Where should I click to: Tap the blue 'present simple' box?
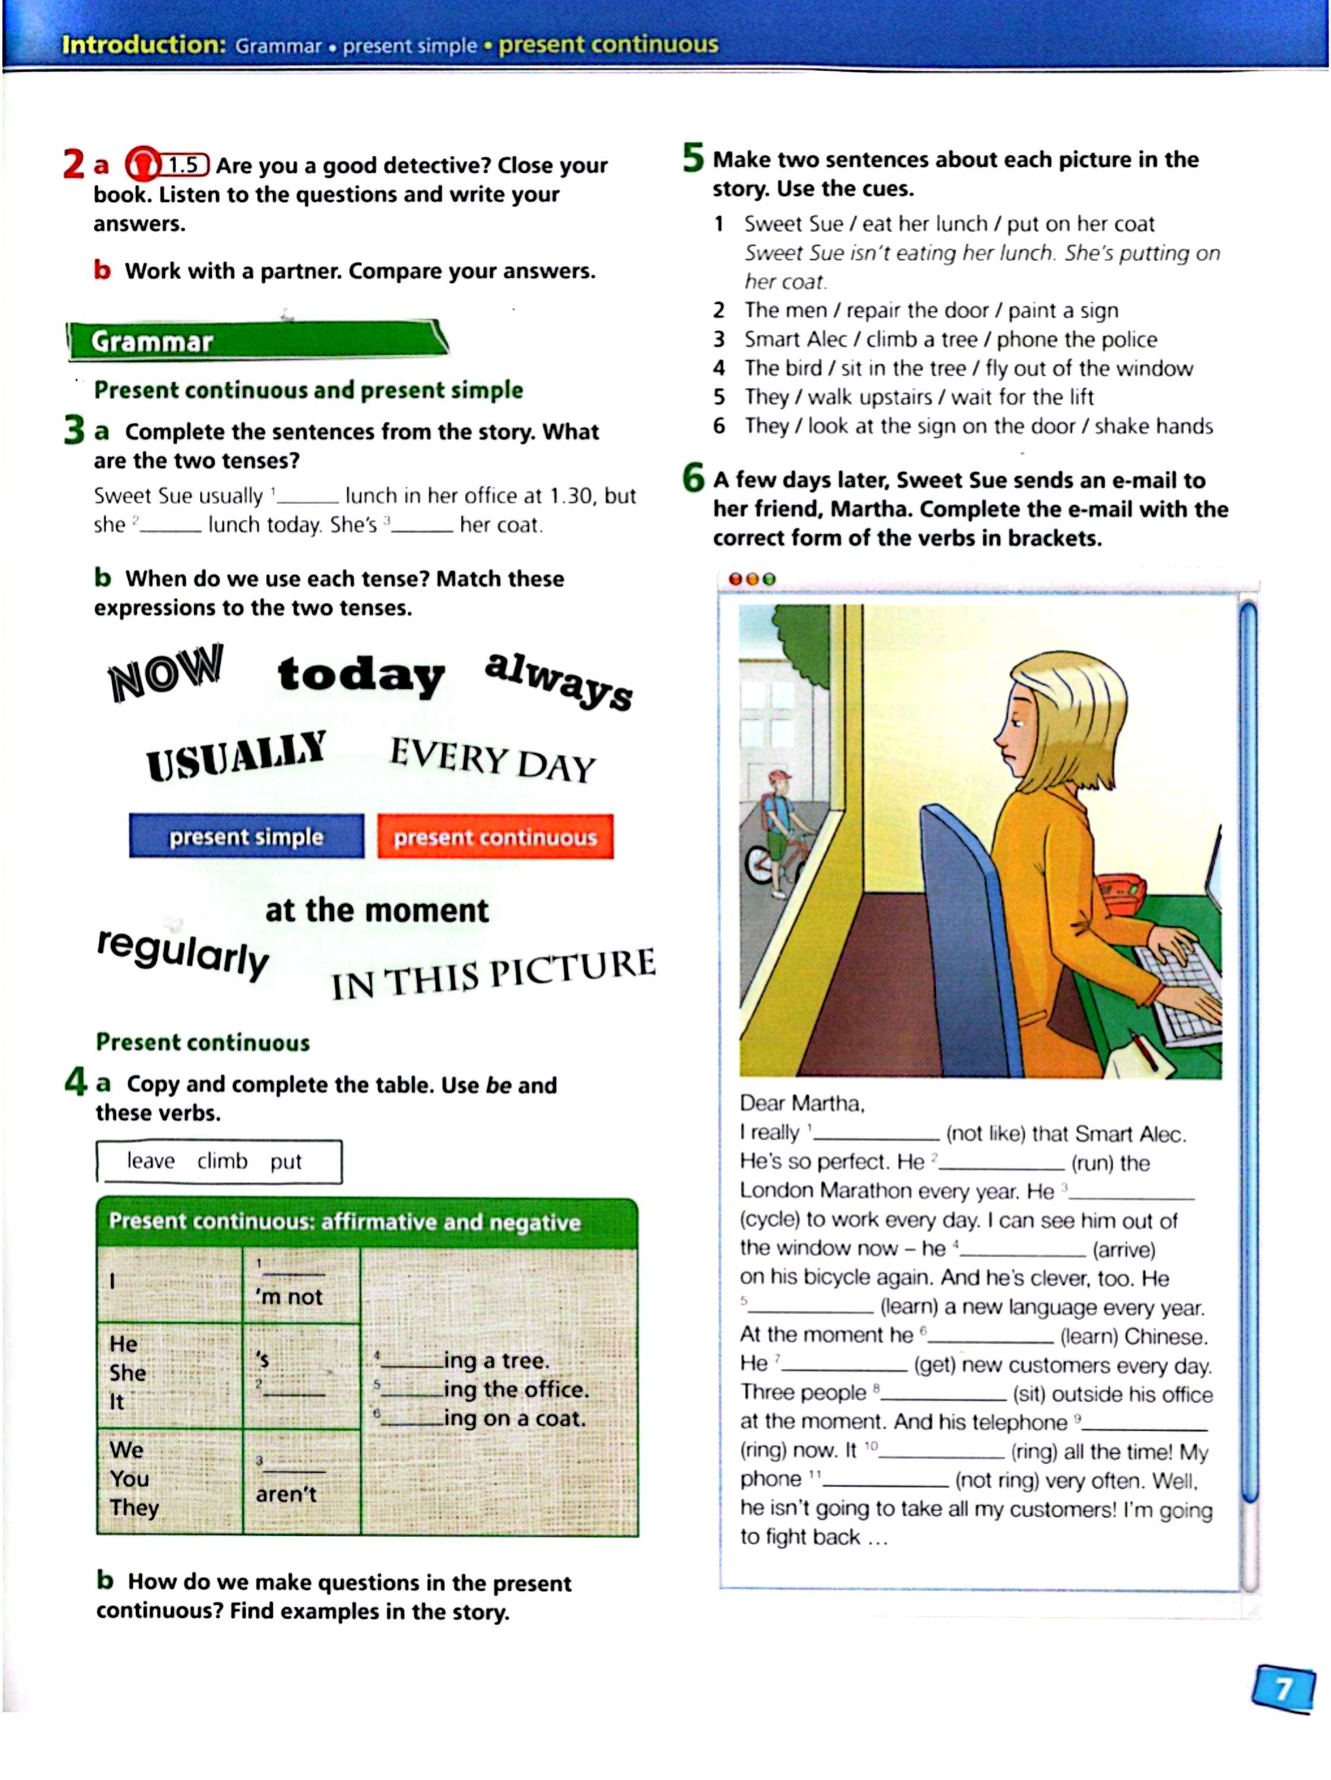pos(246,837)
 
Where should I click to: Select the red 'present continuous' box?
pos(495,837)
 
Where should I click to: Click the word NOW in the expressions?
pos(166,672)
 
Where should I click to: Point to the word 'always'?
pos(558,681)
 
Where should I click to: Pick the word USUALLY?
pos(236,755)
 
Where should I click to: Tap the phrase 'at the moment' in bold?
pos(377,910)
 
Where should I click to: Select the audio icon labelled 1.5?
pos(167,165)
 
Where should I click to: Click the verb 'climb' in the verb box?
pos(222,1161)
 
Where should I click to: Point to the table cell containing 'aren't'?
pos(301,1482)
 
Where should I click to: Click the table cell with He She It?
pos(169,1374)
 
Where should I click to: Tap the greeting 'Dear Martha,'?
pos(802,1103)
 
